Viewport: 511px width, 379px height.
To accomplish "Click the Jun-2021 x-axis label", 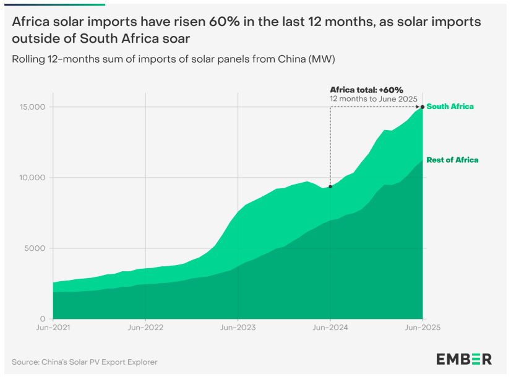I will click(x=53, y=328).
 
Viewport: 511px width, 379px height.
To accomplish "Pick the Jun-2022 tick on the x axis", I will click(x=145, y=328).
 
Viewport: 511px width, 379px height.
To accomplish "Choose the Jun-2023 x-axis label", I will click(x=238, y=328).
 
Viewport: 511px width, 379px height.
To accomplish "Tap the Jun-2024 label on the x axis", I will click(x=330, y=328).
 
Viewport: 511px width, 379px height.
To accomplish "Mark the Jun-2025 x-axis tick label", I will click(x=423, y=328).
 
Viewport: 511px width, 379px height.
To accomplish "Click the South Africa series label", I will click(x=450, y=107).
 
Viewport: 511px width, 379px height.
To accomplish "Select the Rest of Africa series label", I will click(x=452, y=160).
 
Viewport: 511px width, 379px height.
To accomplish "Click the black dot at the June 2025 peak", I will click(x=423, y=107).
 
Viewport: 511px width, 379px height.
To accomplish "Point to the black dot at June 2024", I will click(x=330, y=186).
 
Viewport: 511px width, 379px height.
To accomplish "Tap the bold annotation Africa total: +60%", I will click(x=366, y=90).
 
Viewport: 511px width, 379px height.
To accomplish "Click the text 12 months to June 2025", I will click(x=374, y=99).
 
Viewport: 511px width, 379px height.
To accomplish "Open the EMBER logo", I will click(x=464, y=359).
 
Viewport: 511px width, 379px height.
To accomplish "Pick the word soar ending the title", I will click(x=177, y=38).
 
